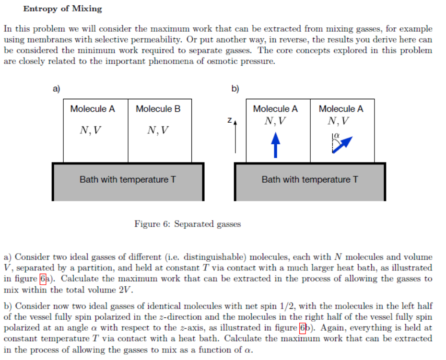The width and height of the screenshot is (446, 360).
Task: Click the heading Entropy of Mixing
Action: tap(63, 9)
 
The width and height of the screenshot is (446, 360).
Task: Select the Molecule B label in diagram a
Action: tap(158, 109)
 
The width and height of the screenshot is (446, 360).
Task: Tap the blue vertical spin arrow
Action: tap(275, 144)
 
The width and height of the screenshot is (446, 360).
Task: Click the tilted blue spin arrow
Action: tap(342, 144)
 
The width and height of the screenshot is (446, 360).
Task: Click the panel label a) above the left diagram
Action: tap(57, 88)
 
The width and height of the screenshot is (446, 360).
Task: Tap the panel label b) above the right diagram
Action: tap(235, 88)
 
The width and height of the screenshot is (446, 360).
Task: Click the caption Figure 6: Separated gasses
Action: tap(188, 224)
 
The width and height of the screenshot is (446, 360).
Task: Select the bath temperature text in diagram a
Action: tap(128, 180)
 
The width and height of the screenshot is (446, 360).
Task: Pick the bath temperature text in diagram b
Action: tap(310, 180)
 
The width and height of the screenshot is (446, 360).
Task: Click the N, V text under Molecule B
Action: tap(158, 130)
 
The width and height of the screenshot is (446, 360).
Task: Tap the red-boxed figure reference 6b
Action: tap(303, 328)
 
